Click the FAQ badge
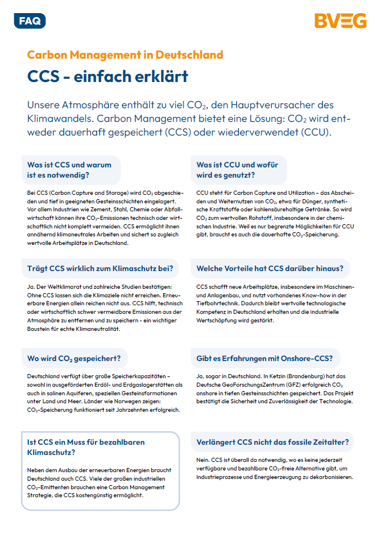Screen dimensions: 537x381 pyautogui.click(x=30, y=21)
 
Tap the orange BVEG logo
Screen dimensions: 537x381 pyautogui.click(x=340, y=22)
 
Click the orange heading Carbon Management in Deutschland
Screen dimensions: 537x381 pyautogui.click(x=125, y=55)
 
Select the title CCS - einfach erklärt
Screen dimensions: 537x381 pyautogui.click(x=108, y=76)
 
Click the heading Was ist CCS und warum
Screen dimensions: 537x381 pyautogui.click(x=69, y=165)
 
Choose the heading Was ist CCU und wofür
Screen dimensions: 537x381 pyautogui.click(x=237, y=165)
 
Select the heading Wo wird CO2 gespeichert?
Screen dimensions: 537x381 pyautogui.click(x=73, y=359)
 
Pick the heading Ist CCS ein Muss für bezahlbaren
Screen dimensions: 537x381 pyautogui.click(x=86, y=442)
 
